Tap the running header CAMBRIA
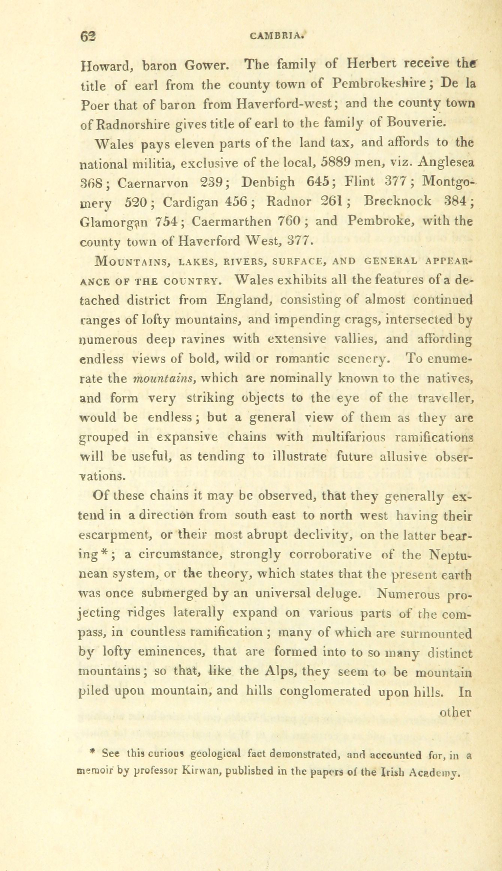275,36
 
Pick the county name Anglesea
446,162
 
